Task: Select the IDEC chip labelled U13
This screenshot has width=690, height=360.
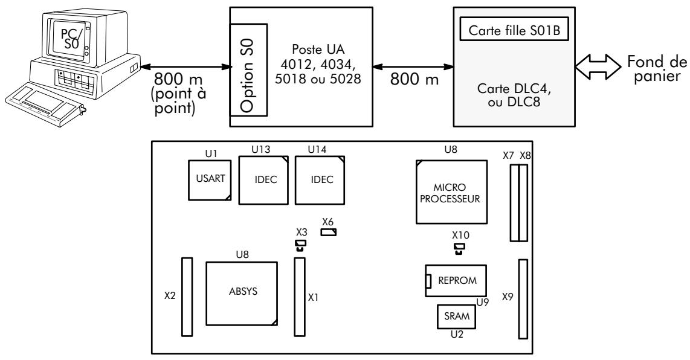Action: tap(263, 180)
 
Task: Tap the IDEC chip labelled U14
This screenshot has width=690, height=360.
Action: tap(320, 180)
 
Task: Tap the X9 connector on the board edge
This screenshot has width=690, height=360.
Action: tap(523, 300)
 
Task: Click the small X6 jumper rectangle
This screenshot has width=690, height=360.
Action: tap(329, 232)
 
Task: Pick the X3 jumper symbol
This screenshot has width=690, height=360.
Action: tap(300, 246)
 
